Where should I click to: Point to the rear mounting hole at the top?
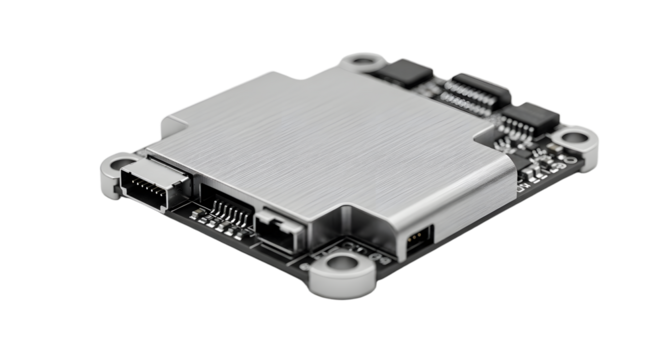[x=363, y=61]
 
